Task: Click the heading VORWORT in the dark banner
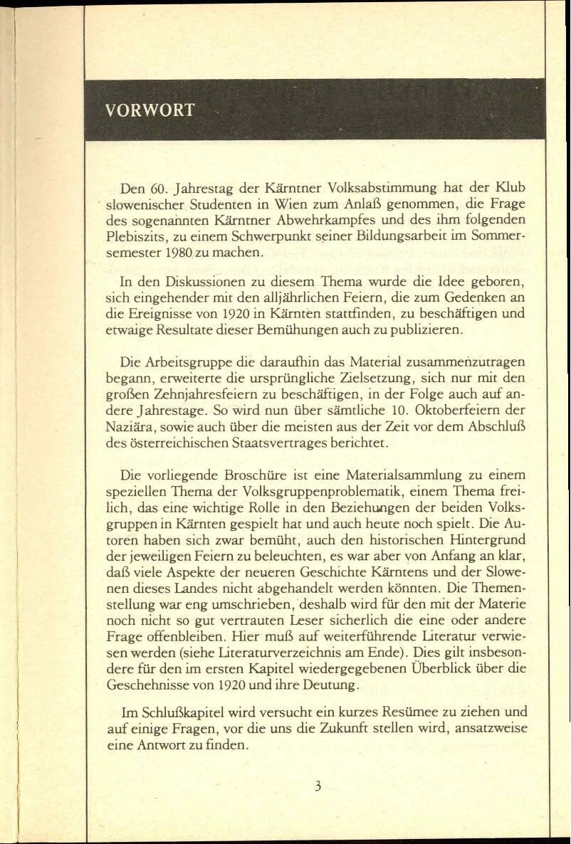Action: pos(150,110)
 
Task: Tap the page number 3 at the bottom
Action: pos(318,786)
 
